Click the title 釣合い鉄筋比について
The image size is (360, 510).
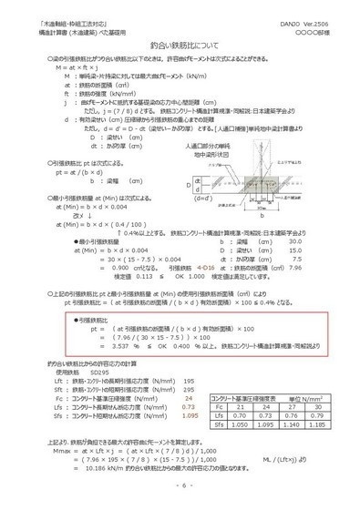[180, 43]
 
